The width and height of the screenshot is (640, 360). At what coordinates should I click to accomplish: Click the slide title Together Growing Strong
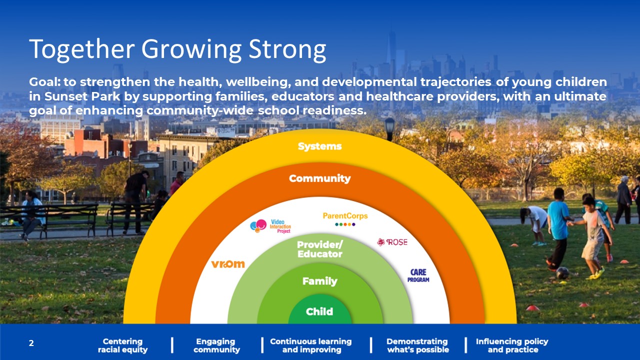[x=177, y=49]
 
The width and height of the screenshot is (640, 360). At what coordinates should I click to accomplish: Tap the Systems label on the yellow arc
[x=319, y=146]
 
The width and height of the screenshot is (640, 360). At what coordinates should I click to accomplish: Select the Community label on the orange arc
[x=319, y=178]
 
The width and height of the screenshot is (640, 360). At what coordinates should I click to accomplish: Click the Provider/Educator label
[x=319, y=249]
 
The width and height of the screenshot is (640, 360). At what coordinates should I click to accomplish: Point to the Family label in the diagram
[x=319, y=281]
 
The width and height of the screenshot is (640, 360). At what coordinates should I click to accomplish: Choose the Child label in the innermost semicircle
[x=319, y=311]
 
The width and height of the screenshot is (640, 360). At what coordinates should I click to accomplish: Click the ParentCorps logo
[x=345, y=219]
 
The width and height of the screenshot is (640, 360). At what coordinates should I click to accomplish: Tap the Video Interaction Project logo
[x=270, y=226]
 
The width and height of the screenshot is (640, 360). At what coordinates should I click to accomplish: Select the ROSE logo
[x=392, y=242]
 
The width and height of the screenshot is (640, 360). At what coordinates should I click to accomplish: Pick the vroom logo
[x=228, y=264]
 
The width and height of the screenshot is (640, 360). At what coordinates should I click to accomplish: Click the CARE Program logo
[x=418, y=275]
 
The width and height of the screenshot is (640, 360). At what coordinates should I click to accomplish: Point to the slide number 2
[x=31, y=343]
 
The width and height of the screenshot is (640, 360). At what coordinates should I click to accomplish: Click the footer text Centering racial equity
[x=122, y=345]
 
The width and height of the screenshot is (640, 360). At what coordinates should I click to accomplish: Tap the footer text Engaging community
[x=216, y=345]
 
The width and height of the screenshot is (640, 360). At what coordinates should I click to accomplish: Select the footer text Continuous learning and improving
[x=311, y=345]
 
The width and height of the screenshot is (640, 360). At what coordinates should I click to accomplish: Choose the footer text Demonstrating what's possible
[x=417, y=345]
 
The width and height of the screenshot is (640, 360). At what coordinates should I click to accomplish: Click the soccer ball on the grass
[x=562, y=273]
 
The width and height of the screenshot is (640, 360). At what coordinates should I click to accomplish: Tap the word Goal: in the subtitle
[x=44, y=82]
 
